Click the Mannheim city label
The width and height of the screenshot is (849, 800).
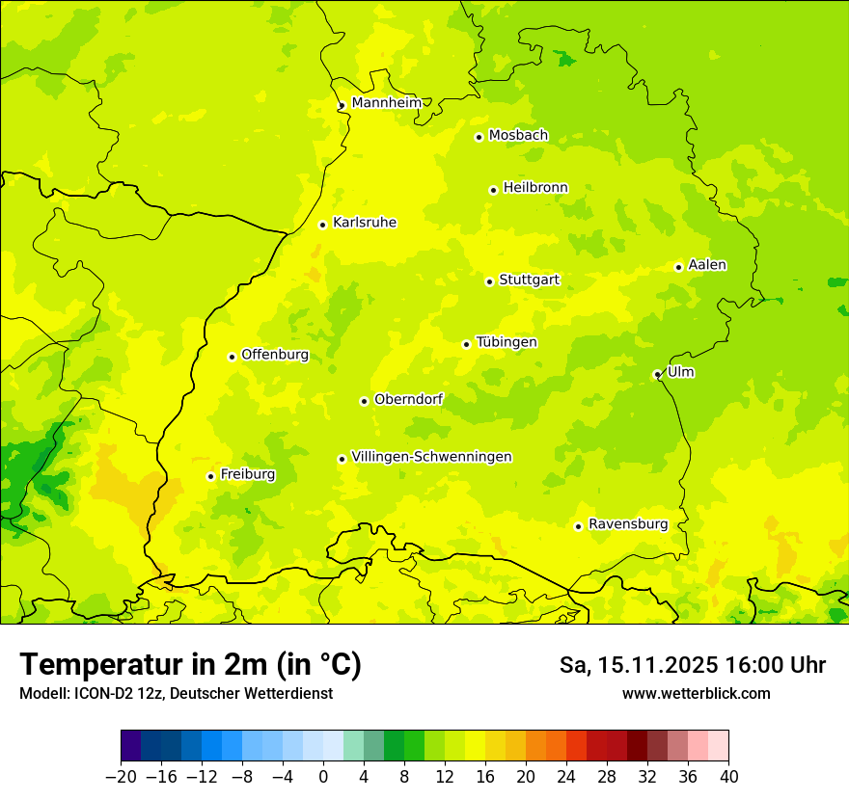point(387,103)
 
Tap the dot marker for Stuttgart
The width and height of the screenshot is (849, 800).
point(490,281)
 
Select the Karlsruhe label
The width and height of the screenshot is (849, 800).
point(364,223)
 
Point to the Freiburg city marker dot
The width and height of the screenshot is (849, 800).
point(210,476)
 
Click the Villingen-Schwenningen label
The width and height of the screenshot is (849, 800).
point(431,457)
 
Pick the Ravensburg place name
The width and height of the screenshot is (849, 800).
point(628,524)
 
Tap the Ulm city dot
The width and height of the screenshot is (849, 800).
point(657,374)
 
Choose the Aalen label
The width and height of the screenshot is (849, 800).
point(707,265)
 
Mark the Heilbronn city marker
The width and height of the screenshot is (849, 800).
point(493,190)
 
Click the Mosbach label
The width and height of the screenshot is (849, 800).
point(518,136)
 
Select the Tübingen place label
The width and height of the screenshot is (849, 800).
point(507,342)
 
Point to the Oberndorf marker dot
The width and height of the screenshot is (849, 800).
point(364,401)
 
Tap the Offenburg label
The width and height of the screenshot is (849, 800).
point(275,355)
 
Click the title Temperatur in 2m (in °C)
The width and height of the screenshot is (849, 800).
point(190,665)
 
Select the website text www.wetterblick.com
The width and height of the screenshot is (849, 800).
point(696,693)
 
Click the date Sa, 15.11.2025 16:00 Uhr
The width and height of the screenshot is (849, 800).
point(692,665)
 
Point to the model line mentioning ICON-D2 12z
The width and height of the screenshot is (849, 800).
point(176,693)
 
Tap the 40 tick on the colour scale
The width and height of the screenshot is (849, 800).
point(728,777)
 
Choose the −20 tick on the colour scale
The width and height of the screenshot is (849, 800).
point(121,777)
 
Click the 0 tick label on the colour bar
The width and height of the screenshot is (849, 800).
point(323,777)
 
